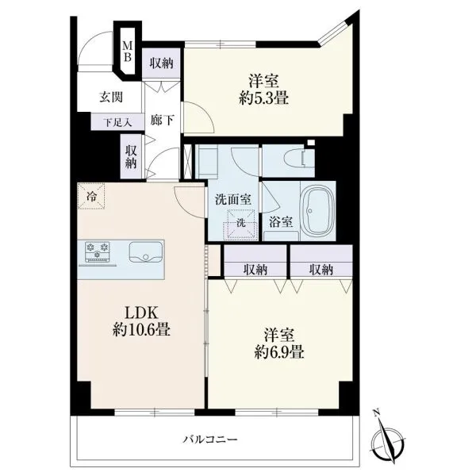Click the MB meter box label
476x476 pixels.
click(x=127, y=52)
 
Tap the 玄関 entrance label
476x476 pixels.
click(x=111, y=97)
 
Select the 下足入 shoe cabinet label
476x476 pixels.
click(x=117, y=122)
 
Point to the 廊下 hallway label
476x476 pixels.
click(x=163, y=120)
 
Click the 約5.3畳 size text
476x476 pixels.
click(x=263, y=98)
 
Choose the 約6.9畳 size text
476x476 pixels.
click(x=279, y=352)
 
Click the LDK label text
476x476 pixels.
click(x=141, y=313)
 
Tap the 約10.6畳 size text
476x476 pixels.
click(x=141, y=329)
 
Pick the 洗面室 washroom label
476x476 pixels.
click(x=232, y=199)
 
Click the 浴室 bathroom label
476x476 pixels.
click(x=281, y=222)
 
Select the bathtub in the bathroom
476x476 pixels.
click(x=318, y=211)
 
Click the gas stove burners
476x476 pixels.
click(x=98, y=251)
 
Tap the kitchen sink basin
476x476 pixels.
click(x=146, y=251)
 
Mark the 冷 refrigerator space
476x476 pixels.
click(x=91, y=196)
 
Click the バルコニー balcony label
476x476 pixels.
click(x=210, y=439)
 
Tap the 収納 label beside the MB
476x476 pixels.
click(x=162, y=63)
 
